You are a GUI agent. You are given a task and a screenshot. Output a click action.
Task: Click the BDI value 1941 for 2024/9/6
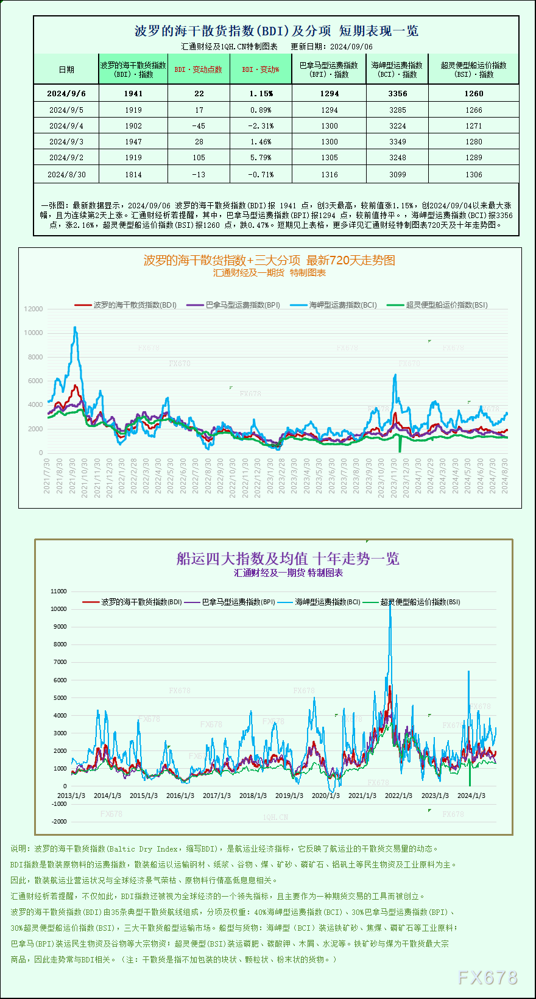133,93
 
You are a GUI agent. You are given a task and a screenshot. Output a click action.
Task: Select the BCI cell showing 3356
397,93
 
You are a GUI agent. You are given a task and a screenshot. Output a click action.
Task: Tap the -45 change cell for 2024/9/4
199,126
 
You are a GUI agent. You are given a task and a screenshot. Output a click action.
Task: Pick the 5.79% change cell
261,158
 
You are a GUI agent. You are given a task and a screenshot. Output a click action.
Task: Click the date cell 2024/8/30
66,175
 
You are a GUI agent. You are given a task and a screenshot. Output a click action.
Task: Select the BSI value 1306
473,175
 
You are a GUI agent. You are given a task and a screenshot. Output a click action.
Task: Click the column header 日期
66,69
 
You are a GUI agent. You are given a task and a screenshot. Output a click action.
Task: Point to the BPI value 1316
329,175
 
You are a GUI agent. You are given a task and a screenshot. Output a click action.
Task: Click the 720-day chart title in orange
269,261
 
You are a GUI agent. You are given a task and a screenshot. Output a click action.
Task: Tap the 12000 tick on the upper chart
33,309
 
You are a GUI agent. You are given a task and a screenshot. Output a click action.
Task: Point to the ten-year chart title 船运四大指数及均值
287,559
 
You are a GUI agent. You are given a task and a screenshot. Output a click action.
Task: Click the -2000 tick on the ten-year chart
59,821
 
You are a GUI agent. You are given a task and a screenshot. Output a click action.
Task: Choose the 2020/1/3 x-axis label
325,796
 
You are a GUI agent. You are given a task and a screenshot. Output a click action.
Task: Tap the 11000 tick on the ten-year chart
59,591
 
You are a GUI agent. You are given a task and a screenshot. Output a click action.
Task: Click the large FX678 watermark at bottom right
487,978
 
